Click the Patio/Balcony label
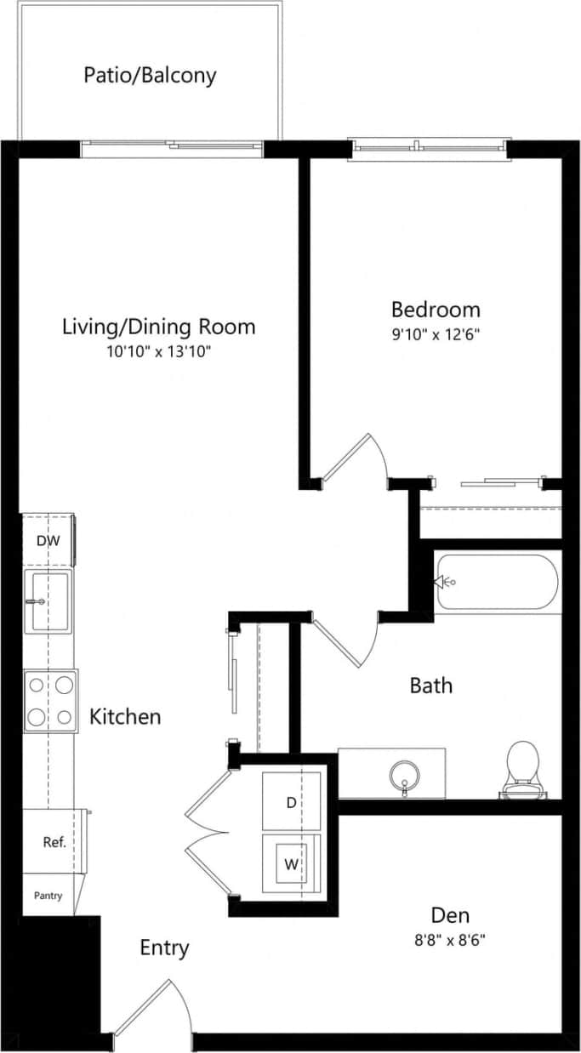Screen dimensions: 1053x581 point(150,76)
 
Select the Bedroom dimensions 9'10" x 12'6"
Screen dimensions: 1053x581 point(435,334)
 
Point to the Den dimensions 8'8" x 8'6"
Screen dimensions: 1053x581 point(451,940)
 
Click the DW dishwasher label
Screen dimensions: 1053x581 point(47,540)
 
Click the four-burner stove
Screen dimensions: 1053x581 point(50,699)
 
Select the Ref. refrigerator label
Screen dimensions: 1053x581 point(54,842)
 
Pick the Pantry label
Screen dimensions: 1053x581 point(48,896)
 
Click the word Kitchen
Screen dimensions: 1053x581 point(125,717)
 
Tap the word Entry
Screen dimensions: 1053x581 point(164,948)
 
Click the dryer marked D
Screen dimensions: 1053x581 point(291,801)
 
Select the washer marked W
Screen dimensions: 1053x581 point(291,864)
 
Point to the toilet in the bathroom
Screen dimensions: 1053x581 point(521,768)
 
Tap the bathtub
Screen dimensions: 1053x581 point(498,582)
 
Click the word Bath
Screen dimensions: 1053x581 point(430,686)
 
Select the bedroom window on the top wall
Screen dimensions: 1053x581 point(430,149)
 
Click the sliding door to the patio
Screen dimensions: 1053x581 point(173,149)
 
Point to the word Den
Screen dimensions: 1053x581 point(450,916)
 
